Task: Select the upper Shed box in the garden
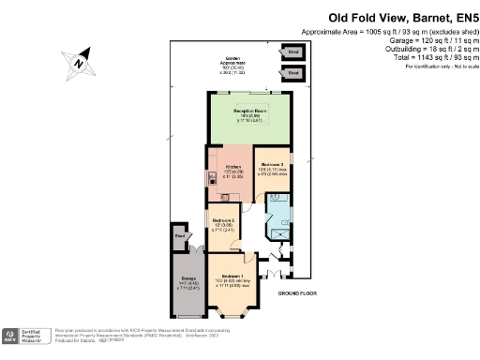(x=293, y=52)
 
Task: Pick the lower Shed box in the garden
(x=293, y=71)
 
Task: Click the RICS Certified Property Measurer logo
(x=26, y=336)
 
